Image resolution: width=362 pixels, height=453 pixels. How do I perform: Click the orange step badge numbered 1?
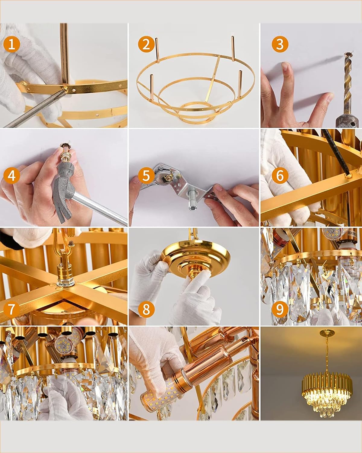12,44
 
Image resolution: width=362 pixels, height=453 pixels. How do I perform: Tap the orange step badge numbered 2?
146,44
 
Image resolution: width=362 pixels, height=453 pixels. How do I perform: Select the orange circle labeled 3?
280,44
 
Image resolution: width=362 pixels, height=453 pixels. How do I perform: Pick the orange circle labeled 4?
12,175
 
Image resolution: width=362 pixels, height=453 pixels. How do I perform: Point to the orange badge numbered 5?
146,175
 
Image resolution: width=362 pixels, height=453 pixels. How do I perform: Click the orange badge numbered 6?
280,175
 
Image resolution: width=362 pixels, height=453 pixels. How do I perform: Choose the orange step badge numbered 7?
12,309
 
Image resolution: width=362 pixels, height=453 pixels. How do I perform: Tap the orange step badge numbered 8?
146,309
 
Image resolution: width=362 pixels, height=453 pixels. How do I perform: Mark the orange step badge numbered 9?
280,309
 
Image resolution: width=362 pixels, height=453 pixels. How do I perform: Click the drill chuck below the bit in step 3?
347,121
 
